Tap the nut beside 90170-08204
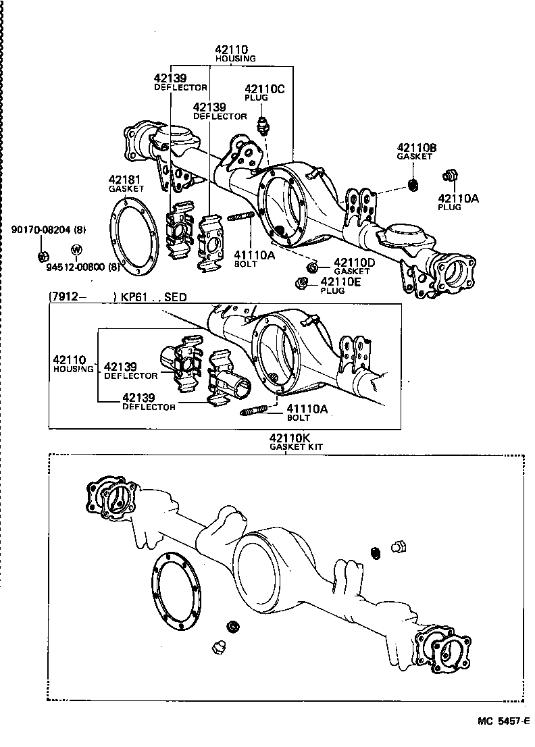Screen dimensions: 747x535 [x=42, y=255]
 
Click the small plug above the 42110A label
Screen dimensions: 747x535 [x=447, y=176]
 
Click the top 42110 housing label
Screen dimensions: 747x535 [x=232, y=49]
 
